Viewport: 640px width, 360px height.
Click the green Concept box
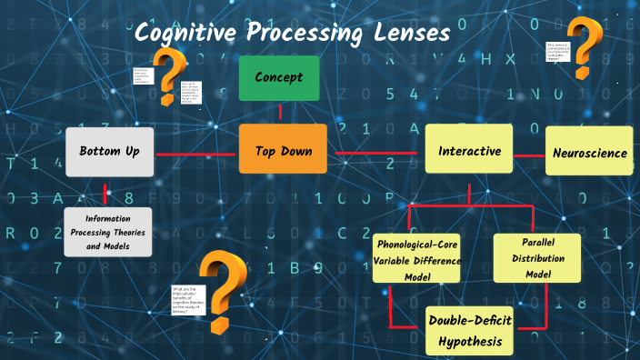279,78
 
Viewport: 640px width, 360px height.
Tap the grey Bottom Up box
110,151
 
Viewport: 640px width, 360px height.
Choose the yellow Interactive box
469,151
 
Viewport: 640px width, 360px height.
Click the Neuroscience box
590,153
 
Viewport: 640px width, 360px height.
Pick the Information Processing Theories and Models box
108,232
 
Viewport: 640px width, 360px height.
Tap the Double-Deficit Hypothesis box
470,330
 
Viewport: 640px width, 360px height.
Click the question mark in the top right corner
585,48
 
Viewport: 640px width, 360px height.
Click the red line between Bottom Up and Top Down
196,153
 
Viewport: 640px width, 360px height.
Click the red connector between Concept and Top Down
280,112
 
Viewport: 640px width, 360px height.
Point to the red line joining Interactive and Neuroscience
529,155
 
